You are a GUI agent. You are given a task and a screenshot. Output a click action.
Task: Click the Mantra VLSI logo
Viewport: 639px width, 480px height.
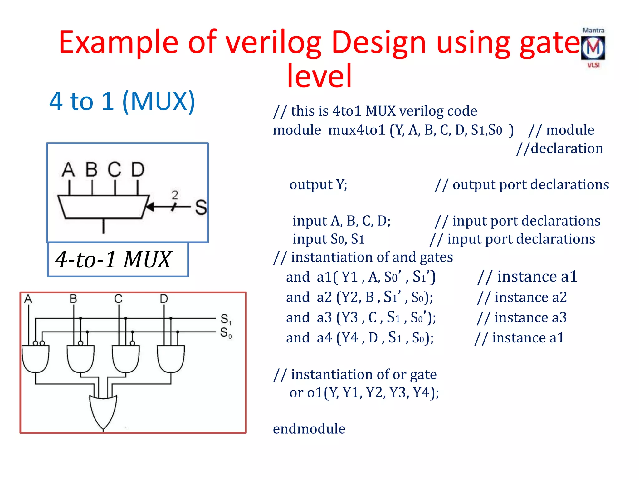pos(593,48)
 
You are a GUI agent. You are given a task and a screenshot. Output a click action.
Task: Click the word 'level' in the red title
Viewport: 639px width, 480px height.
pos(319,76)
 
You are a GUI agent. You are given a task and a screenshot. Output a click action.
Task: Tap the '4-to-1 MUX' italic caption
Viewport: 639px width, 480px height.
pos(113,259)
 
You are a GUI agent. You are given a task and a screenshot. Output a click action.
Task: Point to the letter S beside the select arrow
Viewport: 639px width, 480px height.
pos(201,207)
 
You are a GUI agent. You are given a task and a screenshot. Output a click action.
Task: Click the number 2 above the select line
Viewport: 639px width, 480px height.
pos(175,195)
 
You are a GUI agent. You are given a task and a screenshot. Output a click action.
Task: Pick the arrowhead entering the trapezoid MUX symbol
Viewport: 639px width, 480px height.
pos(150,207)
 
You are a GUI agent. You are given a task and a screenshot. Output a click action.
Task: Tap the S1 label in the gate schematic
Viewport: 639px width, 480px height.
pos(226,319)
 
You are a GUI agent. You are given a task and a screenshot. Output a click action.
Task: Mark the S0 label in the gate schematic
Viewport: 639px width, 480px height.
pos(226,333)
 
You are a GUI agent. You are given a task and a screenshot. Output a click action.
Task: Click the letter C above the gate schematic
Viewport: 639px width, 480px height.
pos(118,299)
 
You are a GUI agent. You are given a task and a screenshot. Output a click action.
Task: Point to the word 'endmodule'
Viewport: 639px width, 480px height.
pos(309,429)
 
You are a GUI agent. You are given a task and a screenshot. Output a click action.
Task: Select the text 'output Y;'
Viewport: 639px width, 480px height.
pos(318,185)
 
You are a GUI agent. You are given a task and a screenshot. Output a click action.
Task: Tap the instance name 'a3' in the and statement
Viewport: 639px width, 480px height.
pos(324,317)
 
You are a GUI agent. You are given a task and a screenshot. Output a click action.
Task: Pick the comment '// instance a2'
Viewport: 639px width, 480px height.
pos(522,297)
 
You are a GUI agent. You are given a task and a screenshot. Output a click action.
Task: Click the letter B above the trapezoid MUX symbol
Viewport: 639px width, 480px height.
pos(92,170)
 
